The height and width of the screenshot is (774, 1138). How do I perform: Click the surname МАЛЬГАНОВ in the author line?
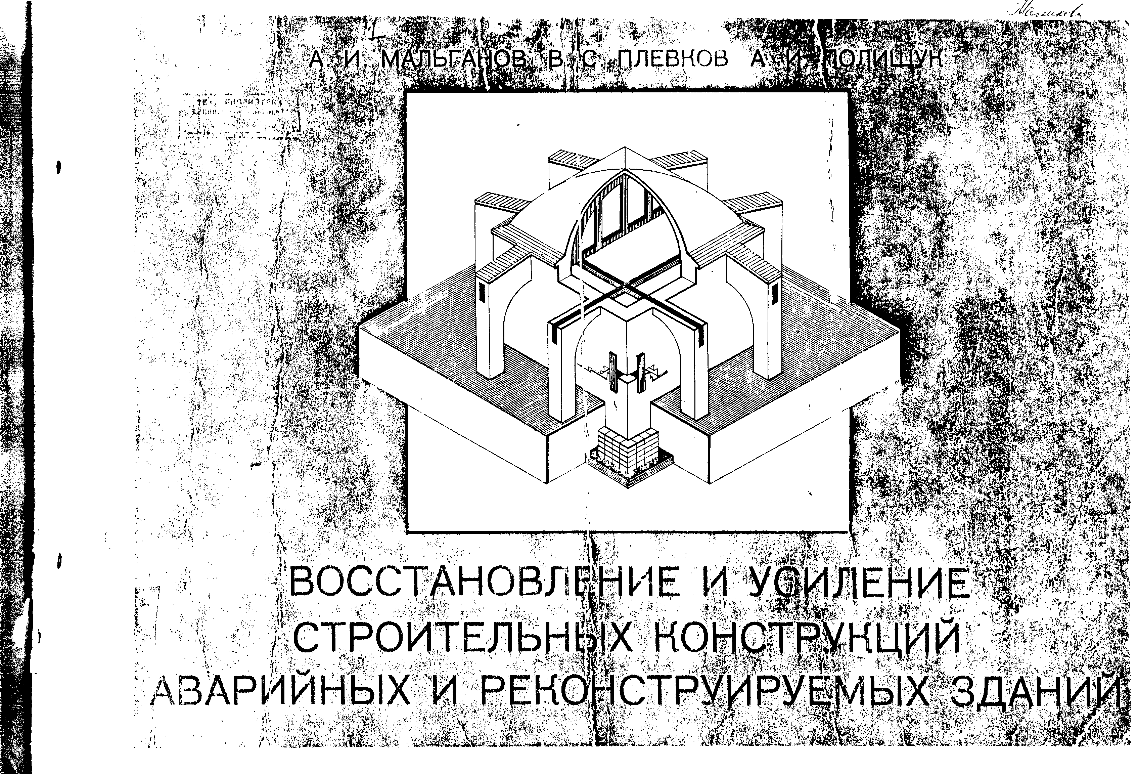click(453, 60)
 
